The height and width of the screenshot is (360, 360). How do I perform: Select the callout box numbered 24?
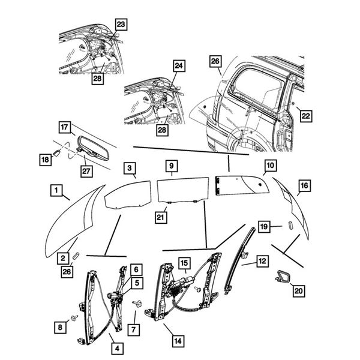(178, 65)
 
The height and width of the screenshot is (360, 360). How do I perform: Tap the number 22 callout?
(306, 115)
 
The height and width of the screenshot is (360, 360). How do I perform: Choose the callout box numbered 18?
(46, 160)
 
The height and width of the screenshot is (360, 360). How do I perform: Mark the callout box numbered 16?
(304, 186)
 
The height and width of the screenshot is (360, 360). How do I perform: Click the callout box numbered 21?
(160, 216)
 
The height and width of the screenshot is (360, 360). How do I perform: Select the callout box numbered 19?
(264, 226)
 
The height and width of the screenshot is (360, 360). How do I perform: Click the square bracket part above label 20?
(283, 277)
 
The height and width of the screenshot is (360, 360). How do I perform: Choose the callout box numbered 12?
(262, 262)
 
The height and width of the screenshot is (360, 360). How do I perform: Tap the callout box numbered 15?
(183, 262)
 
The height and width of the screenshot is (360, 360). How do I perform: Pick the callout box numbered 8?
(59, 327)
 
